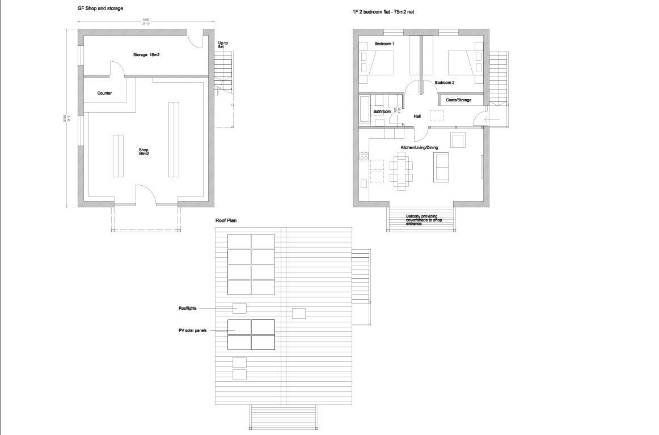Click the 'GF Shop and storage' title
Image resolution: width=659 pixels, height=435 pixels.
pos(100,9)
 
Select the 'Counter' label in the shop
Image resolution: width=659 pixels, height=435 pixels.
pos(104,93)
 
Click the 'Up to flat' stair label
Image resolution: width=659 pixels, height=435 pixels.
pos(223,44)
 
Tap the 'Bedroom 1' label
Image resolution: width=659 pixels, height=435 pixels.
pos(385,44)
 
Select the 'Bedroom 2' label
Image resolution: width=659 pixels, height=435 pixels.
pos(445,83)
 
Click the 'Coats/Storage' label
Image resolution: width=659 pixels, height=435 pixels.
pos(458,100)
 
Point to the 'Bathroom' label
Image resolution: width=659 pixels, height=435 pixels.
pos(382,112)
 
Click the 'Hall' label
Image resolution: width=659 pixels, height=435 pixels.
pos(417,116)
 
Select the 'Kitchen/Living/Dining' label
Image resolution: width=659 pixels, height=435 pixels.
pos(419,147)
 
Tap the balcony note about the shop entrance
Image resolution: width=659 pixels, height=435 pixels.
pos(424,220)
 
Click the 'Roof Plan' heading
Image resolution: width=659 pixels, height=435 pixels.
pos(225,220)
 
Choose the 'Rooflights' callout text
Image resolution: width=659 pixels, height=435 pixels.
pos(188,308)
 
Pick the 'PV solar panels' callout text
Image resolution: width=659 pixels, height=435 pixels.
pos(193,330)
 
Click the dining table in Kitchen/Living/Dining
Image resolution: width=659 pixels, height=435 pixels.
pos(402,170)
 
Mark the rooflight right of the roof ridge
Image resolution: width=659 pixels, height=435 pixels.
pos(298,313)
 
